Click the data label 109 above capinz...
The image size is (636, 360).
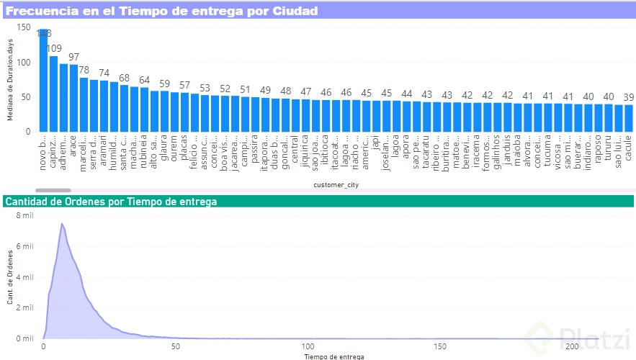53,49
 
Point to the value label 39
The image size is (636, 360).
628,97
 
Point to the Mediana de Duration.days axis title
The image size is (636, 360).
10,80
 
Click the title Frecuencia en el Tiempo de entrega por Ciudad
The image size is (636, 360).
163,12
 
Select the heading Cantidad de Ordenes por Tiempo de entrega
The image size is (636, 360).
111,202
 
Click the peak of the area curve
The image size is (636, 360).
63,224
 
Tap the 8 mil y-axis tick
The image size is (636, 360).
24,215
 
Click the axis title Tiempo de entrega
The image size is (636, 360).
333,356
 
